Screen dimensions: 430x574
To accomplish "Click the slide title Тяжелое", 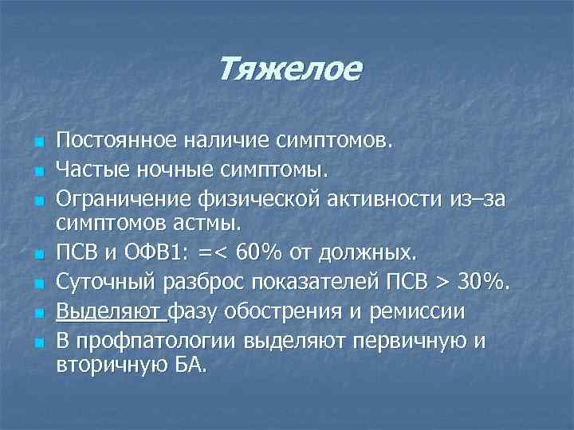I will click(289, 70).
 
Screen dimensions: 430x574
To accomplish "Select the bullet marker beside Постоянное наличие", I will click(38, 143).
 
